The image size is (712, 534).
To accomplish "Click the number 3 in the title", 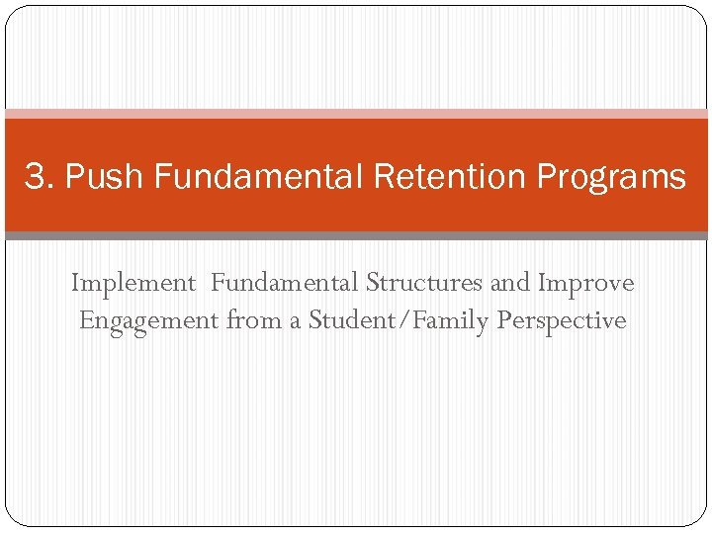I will (35, 177).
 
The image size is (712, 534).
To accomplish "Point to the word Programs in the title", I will (611, 178).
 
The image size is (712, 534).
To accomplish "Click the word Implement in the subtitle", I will (133, 283).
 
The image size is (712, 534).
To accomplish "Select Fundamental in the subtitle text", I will (286, 283).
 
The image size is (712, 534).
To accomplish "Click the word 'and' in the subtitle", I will (511, 283).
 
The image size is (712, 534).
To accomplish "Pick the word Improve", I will (585, 284).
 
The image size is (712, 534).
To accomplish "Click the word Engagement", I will (149, 321).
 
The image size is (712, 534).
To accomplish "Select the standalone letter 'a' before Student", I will (295, 322).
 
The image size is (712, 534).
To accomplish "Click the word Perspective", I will (562, 321).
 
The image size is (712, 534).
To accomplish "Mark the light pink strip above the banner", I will (356, 114).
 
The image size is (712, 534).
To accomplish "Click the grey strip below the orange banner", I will (356, 236).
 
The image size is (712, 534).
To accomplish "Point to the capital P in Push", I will (75, 177).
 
